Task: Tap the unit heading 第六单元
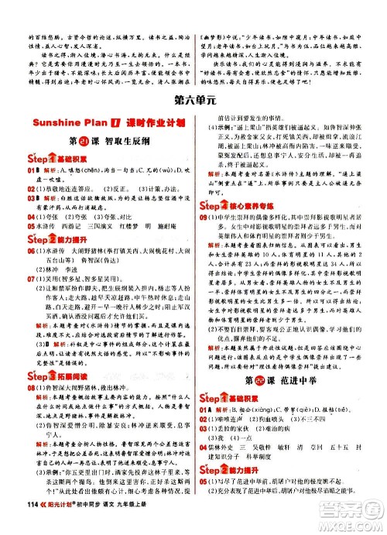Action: pos(192,98)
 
